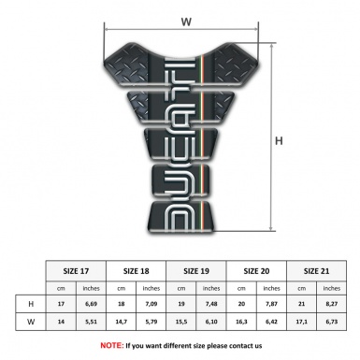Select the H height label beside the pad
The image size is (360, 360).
(x=278, y=141)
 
